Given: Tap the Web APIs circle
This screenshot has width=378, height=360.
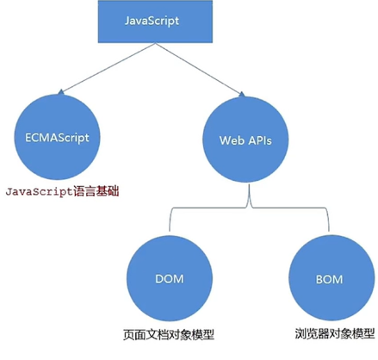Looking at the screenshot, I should coord(247,138).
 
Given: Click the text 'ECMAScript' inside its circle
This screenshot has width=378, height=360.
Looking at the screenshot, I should coord(59,136).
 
